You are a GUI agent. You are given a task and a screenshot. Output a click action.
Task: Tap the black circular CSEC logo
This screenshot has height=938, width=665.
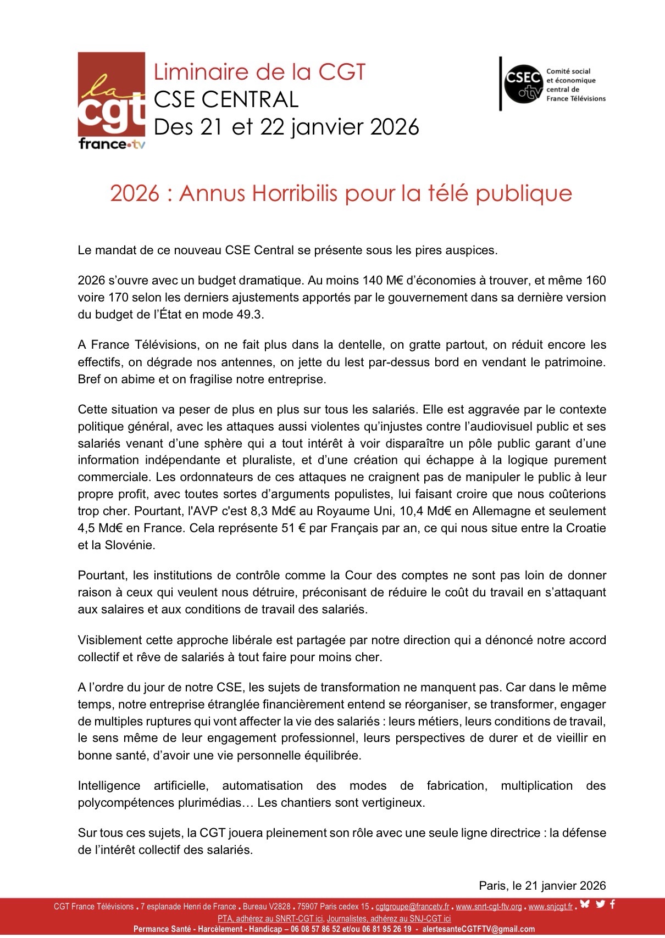click(x=523, y=84)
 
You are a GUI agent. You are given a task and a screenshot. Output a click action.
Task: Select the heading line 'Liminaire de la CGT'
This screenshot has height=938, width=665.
click(x=259, y=72)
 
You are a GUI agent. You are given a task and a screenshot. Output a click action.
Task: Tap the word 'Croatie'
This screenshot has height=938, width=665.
click(x=585, y=528)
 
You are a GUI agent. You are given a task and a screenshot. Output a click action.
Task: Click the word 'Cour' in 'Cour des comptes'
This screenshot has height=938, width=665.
click(x=358, y=576)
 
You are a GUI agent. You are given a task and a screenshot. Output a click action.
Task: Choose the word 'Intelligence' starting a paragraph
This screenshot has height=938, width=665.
click(x=109, y=786)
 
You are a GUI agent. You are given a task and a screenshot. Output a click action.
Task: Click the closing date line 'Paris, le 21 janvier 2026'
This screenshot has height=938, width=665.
click(x=542, y=886)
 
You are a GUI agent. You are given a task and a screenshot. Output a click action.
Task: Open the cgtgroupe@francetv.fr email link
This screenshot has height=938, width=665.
click(x=412, y=907)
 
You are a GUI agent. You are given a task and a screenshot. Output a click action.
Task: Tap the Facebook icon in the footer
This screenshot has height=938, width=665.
click(x=612, y=904)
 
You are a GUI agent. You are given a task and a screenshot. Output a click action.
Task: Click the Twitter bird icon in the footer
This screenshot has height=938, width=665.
click(x=600, y=904)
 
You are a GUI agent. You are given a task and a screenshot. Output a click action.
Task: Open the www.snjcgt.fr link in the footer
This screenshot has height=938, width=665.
click(x=550, y=907)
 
